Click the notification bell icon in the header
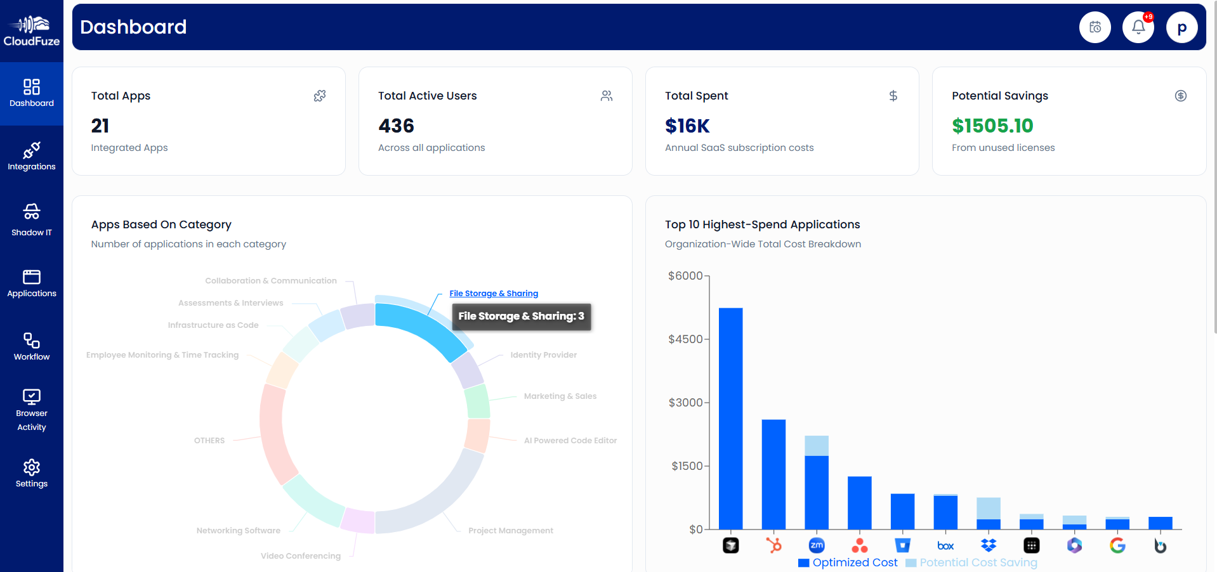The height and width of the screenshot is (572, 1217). [1138, 27]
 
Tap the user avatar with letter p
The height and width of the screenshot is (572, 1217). [1181, 27]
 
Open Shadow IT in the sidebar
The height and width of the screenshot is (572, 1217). [32, 219]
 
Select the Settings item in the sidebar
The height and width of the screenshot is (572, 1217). [32, 474]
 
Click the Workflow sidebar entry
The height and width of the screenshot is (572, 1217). [32, 346]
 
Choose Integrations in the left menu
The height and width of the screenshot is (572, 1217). [32, 156]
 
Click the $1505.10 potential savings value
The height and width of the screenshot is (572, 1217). [992, 126]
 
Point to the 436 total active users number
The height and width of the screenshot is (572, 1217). [396, 126]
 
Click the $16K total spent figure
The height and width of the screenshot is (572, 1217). [687, 126]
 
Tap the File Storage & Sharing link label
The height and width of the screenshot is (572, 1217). [494, 294]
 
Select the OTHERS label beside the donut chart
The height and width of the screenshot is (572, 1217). [209, 441]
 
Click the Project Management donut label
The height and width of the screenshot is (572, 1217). [511, 531]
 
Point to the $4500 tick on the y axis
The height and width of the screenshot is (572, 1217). [685, 339]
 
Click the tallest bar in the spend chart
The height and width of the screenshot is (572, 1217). [730, 419]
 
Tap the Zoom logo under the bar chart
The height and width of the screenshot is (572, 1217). [817, 545]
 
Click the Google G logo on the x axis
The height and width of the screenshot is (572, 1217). [1117, 545]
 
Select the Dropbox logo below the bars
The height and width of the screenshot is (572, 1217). [989, 545]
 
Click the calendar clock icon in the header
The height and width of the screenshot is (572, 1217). [1095, 27]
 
